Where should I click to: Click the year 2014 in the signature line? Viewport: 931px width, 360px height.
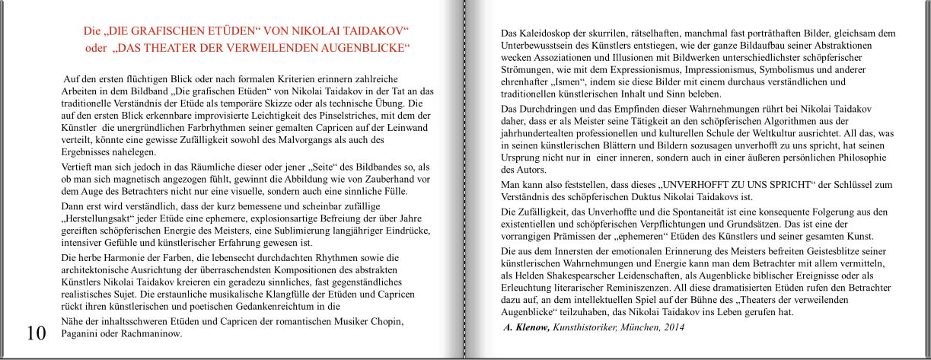(671, 327)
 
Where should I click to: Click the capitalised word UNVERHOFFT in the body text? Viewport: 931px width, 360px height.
(697, 184)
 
